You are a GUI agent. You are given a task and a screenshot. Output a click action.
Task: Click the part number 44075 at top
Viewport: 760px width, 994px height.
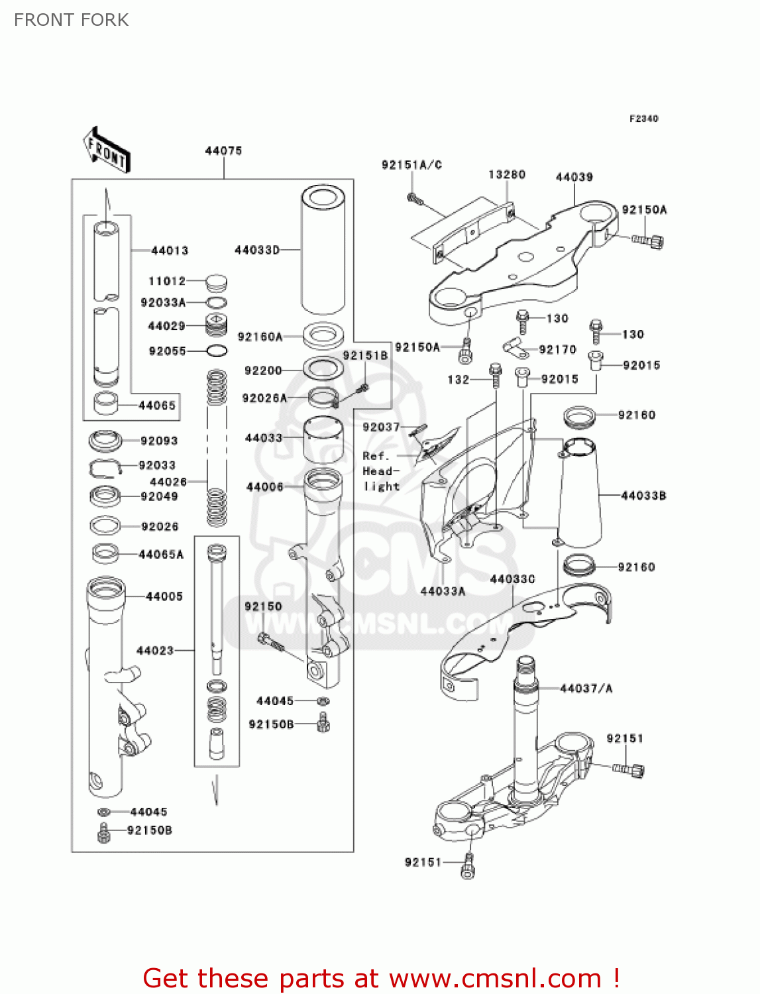pos(223,151)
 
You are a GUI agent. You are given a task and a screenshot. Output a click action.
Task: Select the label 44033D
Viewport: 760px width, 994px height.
pos(257,250)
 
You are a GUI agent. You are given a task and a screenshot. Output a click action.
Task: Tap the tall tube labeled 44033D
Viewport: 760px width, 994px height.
pos(323,252)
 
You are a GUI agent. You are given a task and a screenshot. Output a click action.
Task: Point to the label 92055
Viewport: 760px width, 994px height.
pos(167,351)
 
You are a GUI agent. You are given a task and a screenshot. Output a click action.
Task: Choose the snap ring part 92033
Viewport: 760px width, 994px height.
pos(105,468)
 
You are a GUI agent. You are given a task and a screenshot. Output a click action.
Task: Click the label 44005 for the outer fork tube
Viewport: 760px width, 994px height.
pos(164,596)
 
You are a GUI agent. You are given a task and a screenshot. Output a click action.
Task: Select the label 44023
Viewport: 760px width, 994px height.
pos(154,651)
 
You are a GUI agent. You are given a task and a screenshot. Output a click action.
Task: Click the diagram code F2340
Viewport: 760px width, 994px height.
pos(643,119)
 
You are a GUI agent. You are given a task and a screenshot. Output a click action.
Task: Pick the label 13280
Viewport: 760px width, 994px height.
pos(507,174)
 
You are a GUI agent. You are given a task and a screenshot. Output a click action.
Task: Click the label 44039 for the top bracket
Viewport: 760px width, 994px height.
pos(574,177)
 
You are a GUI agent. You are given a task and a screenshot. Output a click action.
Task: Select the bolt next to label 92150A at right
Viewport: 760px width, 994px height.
pos(648,241)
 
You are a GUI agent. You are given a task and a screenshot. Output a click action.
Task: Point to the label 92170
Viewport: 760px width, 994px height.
pos(557,349)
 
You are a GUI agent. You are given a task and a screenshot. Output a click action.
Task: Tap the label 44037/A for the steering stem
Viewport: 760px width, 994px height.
pos(586,689)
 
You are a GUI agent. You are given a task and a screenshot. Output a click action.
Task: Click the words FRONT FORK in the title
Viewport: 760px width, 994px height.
pos(71,20)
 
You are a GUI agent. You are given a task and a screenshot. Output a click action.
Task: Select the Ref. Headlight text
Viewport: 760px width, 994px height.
pos(381,471)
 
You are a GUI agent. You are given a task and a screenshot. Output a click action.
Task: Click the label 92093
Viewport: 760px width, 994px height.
pos(159,441)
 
